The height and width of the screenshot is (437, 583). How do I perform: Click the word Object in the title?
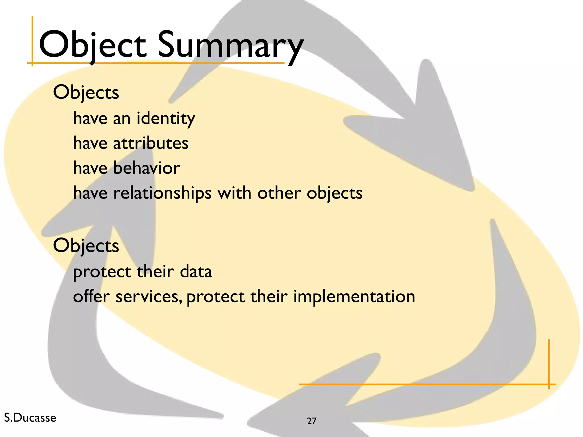[93, 46]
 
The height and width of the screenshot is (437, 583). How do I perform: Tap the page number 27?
[312, 421]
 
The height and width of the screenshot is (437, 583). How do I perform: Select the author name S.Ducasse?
[30, 418]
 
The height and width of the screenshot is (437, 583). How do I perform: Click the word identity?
[166, 118]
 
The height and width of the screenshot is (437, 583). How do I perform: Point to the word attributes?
[151, 143]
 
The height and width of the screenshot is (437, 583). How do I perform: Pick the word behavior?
[147, 168]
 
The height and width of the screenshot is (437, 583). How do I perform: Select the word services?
[149, 297]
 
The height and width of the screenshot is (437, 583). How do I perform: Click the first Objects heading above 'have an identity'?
[86, 93]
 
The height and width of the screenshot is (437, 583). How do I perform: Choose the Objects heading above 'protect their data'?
[86, 246]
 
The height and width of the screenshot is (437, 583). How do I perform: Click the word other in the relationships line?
[279, 193]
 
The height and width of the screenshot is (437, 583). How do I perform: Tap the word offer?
[91, 296]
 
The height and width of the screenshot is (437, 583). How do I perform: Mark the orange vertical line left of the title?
[32, 40]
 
